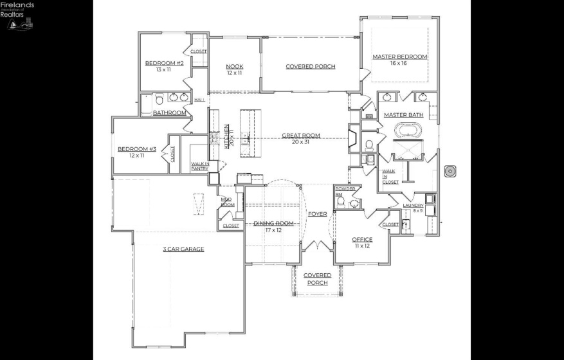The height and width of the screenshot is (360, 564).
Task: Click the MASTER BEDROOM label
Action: tap(399, 57)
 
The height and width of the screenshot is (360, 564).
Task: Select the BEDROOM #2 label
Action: tap(164, 63)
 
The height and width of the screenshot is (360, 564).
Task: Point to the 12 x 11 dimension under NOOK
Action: tap(234, 73)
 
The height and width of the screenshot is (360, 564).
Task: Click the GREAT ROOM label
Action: tap(300, 136)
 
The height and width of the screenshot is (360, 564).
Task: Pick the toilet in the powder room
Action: tap(341, 203)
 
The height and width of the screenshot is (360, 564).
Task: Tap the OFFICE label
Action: tap(362, 240)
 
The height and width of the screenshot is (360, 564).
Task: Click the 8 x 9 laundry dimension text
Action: tap(418, 210)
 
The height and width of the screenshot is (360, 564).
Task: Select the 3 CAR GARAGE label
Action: tap(183, 249)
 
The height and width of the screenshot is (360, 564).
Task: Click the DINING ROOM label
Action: tap(273, 223)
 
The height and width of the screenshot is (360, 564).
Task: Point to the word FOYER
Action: tap(317, 213)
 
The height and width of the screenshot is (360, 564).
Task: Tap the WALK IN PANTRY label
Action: tap(200, 166)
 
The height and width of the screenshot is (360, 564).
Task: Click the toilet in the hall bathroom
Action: tap(159, 100)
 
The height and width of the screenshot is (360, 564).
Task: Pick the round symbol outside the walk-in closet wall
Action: tap(451, 172)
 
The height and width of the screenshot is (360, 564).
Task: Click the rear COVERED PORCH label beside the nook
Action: tap(310, 66)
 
